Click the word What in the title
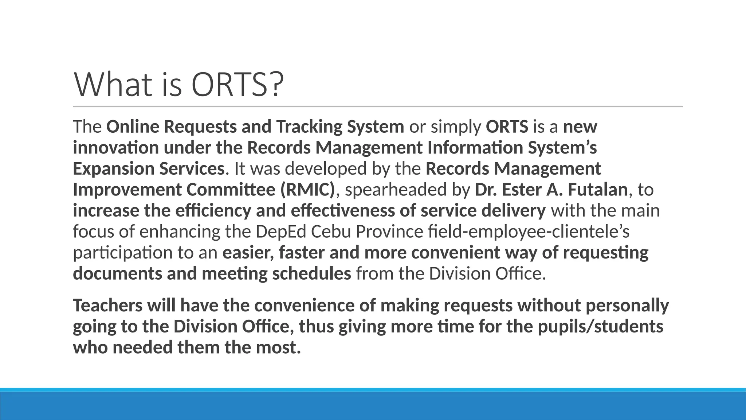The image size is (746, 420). pos(113,85)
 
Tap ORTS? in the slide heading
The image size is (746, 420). pos(237,85)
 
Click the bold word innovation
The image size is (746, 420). pos(115,148)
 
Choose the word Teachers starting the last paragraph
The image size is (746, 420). pos(107,306)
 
